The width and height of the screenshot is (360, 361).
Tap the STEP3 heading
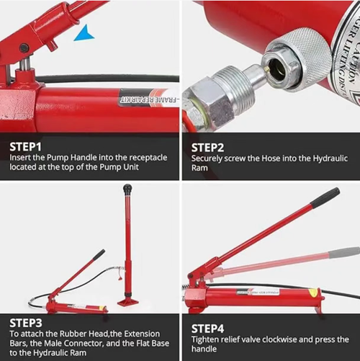pos(26,323)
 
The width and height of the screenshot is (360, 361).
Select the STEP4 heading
pos(209,323)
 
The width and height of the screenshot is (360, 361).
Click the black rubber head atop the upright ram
pos(127,189)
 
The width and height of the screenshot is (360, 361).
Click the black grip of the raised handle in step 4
pos(325,195)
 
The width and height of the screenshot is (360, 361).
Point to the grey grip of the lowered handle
pos(343,252)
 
